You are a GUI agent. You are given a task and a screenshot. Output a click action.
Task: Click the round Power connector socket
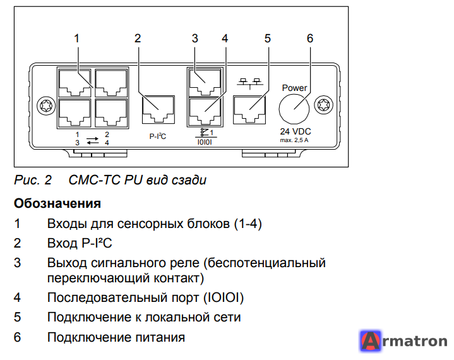tap(294, 109)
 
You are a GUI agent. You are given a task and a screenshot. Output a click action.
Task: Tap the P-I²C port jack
tap(158, 110)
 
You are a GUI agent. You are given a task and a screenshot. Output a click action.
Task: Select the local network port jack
tap(249, 110)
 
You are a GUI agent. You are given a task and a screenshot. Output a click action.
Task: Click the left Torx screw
tap(46, 105)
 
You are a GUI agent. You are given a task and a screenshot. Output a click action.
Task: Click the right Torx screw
tap(324, 105)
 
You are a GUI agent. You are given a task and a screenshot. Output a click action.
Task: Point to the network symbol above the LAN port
tap(250, 83)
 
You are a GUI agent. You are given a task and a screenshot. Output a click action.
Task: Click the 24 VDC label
tap(296, 131)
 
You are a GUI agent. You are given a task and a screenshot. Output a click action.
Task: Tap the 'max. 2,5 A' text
tap(294, 140)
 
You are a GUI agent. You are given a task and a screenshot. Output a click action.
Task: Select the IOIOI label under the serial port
tap(205, 142)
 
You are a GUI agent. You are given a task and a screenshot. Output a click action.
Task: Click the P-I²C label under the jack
tap(158, 136)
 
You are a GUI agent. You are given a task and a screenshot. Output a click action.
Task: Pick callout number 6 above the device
tap(310, 39)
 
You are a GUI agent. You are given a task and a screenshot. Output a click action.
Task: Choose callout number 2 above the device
tap(138, 39)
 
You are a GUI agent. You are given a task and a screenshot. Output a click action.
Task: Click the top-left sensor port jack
tap(75, 83)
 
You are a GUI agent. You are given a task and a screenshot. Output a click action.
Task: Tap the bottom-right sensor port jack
tap(111, 113)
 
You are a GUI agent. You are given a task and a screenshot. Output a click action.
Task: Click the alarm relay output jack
tap(205, 82)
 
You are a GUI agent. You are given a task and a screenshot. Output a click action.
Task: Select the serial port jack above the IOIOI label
tap(205, 112)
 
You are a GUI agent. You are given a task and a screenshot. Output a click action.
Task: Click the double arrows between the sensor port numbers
tap(92, 140)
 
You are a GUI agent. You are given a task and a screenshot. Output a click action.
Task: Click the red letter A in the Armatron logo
tap(371, 341)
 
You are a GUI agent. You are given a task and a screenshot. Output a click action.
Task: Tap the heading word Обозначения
tap(57, 203)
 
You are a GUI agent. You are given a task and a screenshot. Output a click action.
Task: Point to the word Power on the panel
tap(294, 88)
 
